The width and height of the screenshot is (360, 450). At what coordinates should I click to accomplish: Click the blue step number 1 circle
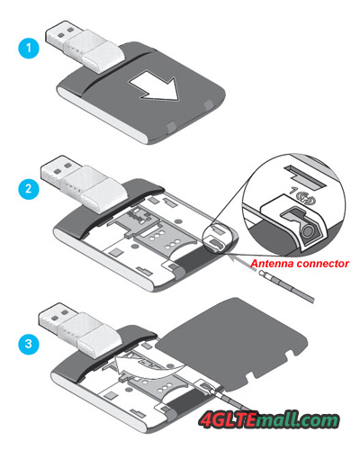(x=29, y=48)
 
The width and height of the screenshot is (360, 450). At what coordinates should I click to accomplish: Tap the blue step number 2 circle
(x=29, y=189)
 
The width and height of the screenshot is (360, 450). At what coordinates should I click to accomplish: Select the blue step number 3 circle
(x=29, y=344)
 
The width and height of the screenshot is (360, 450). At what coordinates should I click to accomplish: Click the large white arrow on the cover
(x=154, y=85)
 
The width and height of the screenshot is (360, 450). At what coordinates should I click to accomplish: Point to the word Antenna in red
(x=272, y=264)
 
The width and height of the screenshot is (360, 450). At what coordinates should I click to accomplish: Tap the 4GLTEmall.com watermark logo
(x=269, y=419)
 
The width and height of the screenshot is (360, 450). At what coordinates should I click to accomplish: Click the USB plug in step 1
(x=85, y=47)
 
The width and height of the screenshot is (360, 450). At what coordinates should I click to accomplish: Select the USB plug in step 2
(x=80, y=184)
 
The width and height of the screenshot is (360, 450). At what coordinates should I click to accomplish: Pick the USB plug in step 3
(x=78, y=331)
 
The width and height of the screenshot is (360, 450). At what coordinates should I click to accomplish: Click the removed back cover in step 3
(x=233, y=344)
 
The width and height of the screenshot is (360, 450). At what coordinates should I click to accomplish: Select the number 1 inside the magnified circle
(x=292, y=191)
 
